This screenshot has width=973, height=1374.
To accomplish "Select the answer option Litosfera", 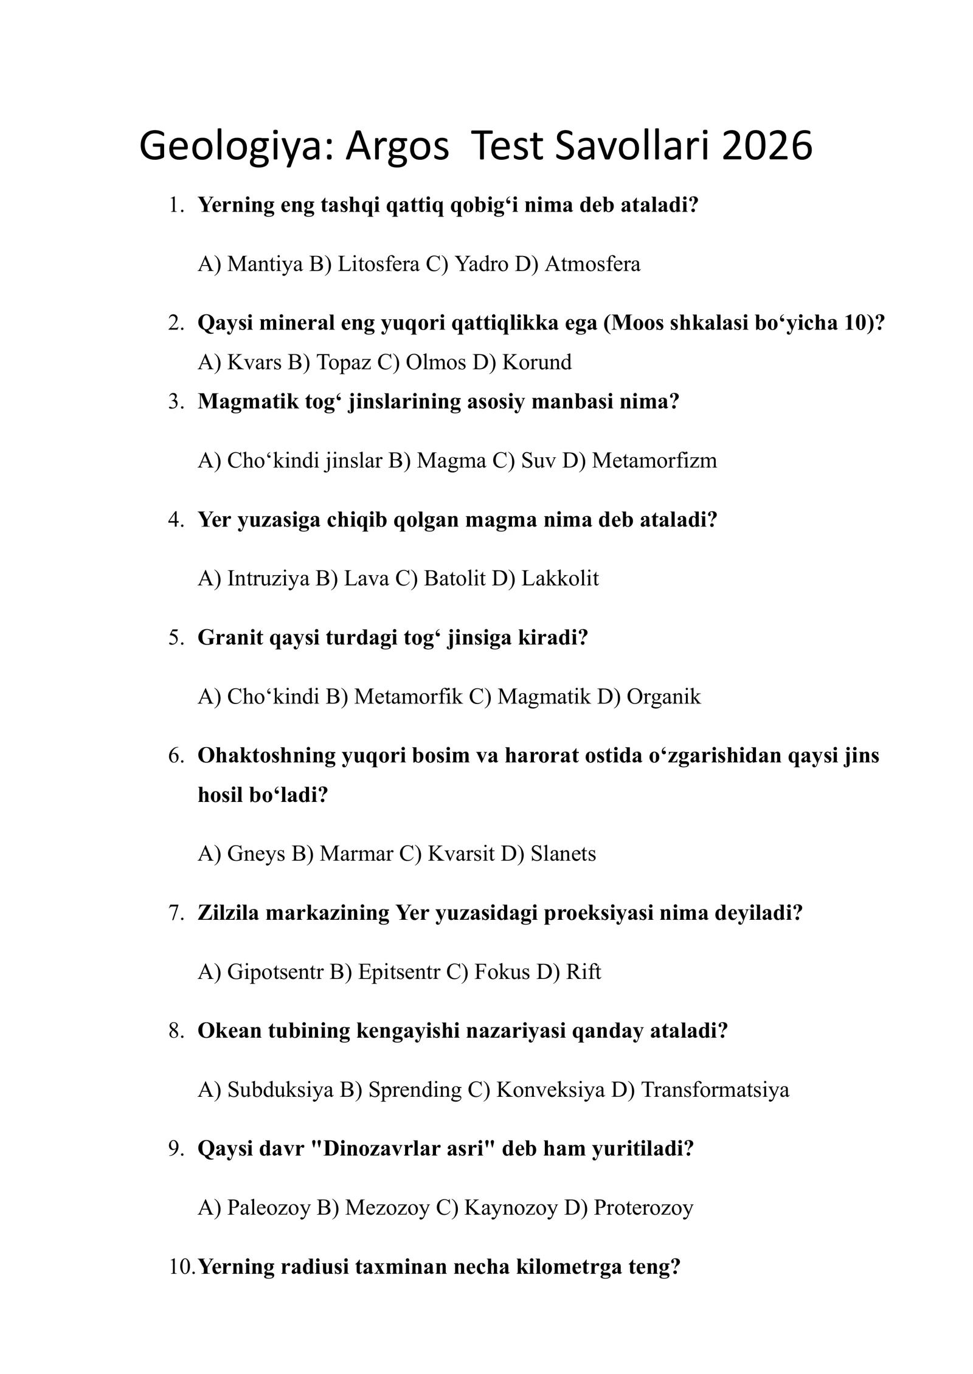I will tap(378, 264).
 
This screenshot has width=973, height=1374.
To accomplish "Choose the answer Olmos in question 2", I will tap(435, 362).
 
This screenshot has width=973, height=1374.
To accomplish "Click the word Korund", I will tap(537, 362).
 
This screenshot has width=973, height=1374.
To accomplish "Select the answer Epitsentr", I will tap(398, 972).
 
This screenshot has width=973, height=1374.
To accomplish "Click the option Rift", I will tap(583, 972).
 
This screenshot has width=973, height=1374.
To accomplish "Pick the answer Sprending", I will tap(415, 1089).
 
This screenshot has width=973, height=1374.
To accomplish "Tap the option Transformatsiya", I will tap(715, 1089).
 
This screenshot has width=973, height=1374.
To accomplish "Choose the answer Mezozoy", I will tap(387, 1207).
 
